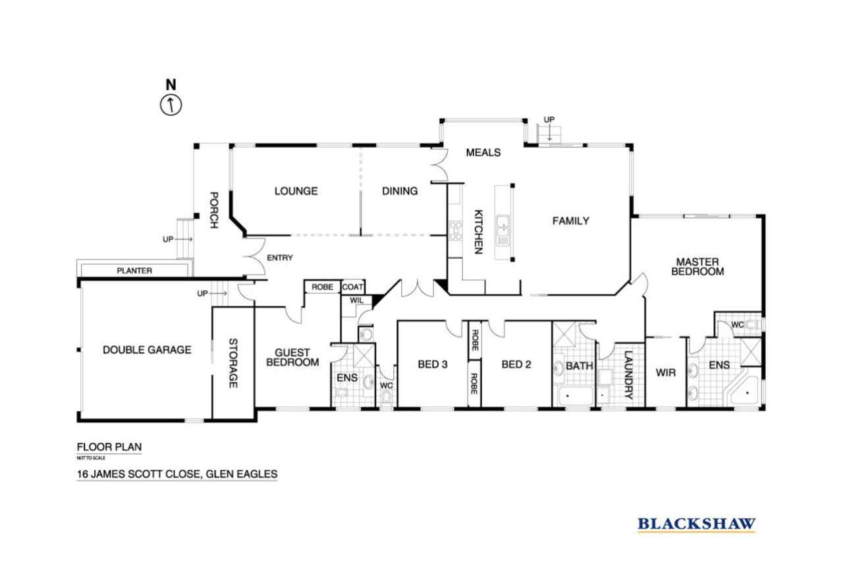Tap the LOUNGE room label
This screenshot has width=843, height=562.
click(296, 191)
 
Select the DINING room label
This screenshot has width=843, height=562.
click(400, 191)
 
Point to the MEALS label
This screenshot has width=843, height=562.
click(483, 152)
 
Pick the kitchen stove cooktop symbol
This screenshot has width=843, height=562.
click(455, 231)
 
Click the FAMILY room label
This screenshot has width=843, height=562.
click(570, 221)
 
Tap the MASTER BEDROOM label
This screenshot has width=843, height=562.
click(697, 267)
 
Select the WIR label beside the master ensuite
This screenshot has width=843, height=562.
click(666, 373)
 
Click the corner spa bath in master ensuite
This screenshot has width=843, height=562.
click(744, 391)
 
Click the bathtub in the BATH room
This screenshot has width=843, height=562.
click(576, 396)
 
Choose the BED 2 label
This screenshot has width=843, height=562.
click(516, 364)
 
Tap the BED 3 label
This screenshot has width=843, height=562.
click(433, 364)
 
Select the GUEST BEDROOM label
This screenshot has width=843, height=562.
click(292, 358)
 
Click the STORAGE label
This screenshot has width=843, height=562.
click(233, 363)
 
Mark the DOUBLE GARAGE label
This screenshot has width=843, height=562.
click(147, 350)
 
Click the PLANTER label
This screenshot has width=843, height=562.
click(134, 271)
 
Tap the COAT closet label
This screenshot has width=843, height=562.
click(352, 287)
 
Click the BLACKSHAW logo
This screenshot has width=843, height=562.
click(697, 524)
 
